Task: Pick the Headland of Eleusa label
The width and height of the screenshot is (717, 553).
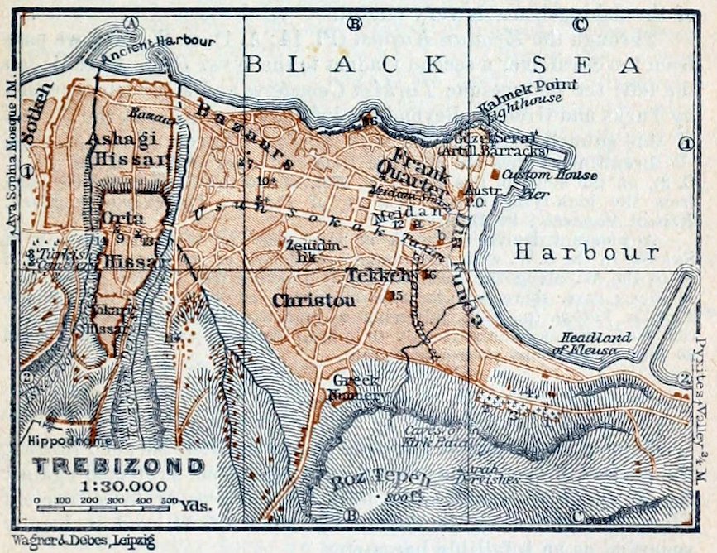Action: [x=595, y=344]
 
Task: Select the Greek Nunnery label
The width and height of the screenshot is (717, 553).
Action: [x=356, y=387]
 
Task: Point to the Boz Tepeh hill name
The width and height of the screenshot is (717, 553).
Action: [x=370, y=480]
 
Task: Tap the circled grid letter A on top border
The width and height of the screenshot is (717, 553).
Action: [x=129, y=22]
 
